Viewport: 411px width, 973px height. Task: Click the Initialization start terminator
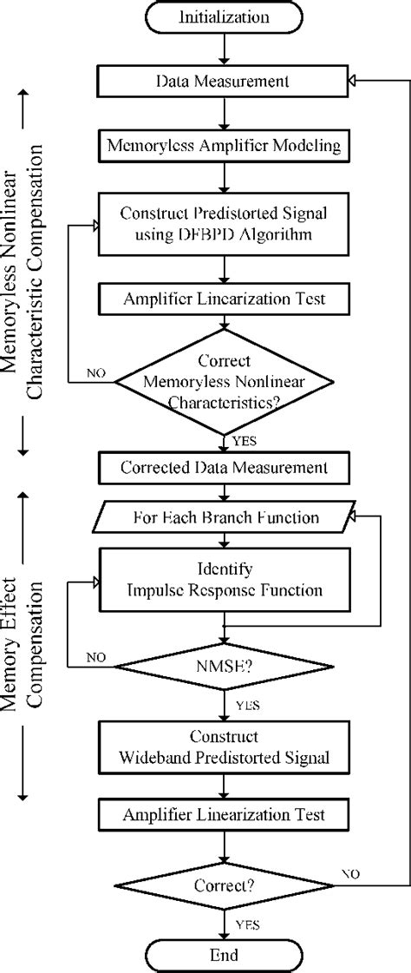(x=224, y=16)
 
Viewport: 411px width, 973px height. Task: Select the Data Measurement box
(x=224, y=81)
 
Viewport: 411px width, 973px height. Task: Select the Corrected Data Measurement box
(x=224, y=467)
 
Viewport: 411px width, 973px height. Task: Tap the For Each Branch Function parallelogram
(x=224, y=519)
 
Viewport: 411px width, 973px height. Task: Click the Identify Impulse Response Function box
(x=224, y=581)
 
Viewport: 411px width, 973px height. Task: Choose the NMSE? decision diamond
(x=224, y=670)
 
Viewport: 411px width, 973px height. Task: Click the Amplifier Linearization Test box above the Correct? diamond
(x=224, y=815)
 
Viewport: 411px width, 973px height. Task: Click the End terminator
(x=224, y=955)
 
